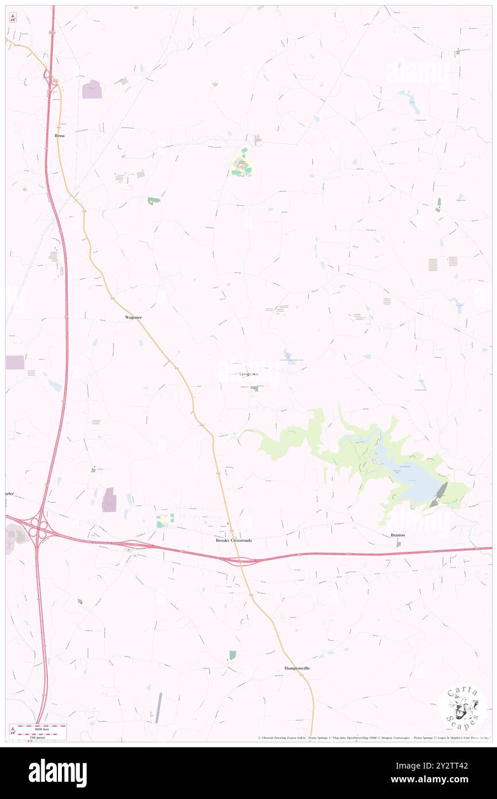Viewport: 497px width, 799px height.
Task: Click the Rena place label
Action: pos(60,136)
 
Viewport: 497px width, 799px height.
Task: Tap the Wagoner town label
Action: pos(133,317)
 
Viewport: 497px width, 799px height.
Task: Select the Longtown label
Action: pos(248,374)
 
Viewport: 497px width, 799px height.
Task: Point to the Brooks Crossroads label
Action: pos(234,540)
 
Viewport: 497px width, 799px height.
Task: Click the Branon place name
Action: pos(398,535)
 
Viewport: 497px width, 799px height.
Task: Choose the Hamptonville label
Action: pos(297,668)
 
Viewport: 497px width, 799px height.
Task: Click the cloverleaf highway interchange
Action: pos(38,524)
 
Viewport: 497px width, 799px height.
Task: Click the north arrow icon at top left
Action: pos(13,17)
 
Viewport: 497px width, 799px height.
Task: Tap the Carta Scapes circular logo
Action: pos(463,708)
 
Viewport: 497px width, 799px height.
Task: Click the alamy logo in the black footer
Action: pos(58,773)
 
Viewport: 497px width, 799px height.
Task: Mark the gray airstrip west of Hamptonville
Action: pos(158,708)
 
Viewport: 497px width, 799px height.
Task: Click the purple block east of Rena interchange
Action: pos(92,90)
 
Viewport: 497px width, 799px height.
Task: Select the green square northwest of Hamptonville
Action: pos(232,655)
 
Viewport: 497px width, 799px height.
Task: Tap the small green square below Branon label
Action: pos(398,544)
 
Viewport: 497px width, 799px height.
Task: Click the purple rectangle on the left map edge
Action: pos(15,362)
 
